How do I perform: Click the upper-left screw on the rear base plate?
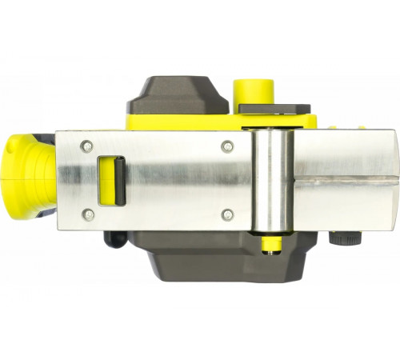[86, 146]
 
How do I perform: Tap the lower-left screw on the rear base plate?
[86, 214]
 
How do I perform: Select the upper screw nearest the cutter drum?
[227, 146]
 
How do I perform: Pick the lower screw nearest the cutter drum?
[227, 214]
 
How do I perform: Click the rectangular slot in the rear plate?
[110, 180]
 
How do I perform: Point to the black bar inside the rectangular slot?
[116, 180]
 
